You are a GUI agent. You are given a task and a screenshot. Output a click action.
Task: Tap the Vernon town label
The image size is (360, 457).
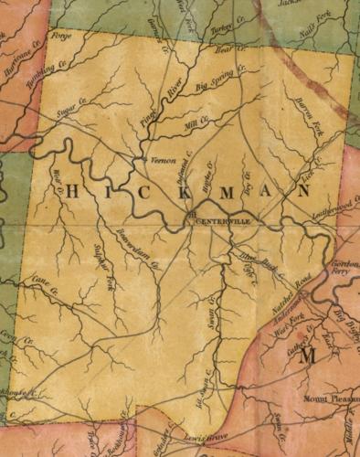(160, 158)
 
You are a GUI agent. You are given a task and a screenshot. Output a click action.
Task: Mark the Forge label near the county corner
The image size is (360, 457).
(62, 38)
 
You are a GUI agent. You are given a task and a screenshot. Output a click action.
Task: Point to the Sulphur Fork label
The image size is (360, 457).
(103, 265)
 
